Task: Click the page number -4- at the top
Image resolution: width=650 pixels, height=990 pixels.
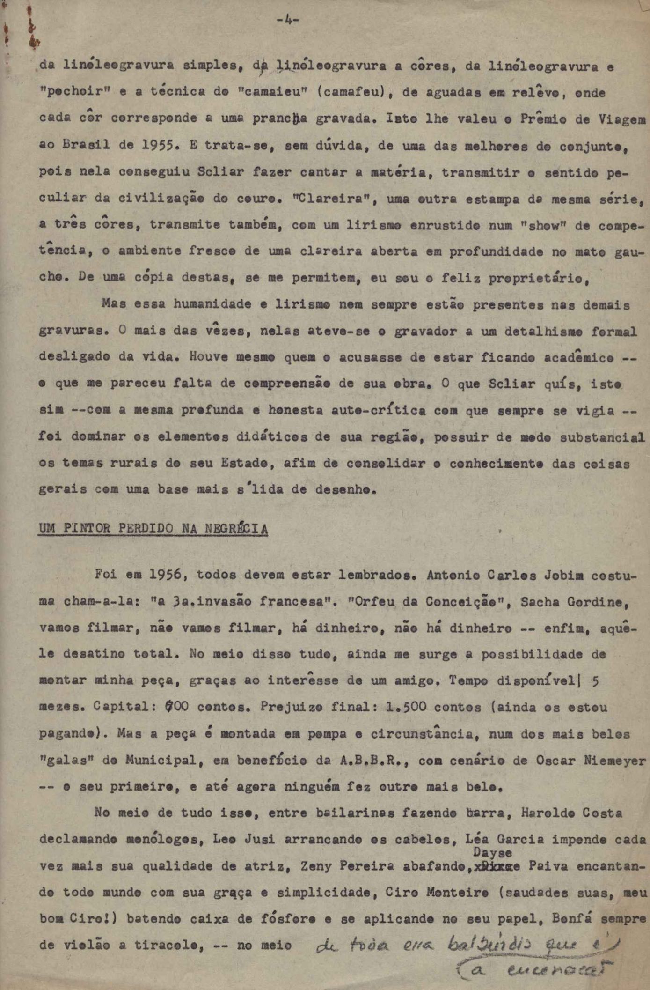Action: click(x=287, y=20)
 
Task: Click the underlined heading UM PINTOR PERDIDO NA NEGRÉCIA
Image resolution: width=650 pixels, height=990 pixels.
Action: click(x=153, y=529)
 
